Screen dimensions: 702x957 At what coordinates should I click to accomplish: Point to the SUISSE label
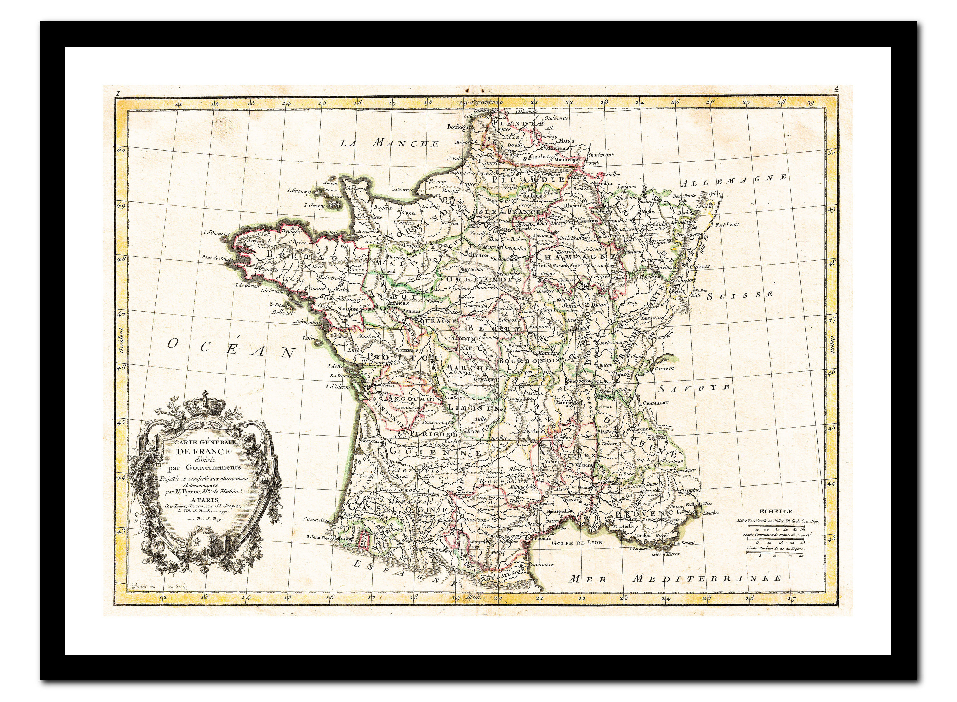pyautogui.click(x=739, y=295)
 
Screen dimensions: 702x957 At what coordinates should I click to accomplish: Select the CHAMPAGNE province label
pyautogui.click(x=575, y=257)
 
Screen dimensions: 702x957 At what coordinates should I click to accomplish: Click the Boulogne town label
pyautogui.click(x=459, y=127)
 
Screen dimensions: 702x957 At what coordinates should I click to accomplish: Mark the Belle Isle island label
pyautogui.click(x=283, y=312)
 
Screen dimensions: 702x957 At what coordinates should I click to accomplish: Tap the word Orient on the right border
pyautogui.click(x=832, y=345)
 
